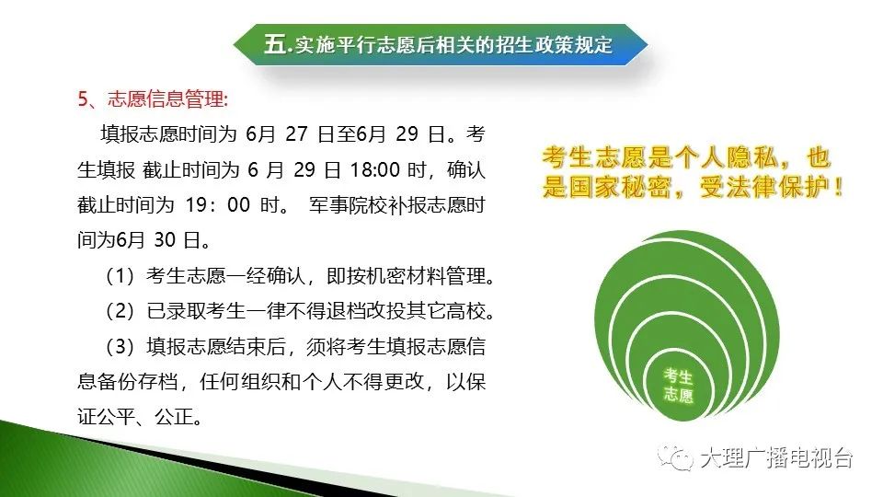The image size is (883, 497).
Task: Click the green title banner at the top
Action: tap(441, 44)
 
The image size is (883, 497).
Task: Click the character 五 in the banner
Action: tap(275, 44)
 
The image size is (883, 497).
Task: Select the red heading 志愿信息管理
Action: tap(166, 99)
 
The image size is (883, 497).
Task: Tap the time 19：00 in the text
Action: tap(218, 205)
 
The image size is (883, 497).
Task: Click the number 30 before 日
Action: tap(165, 240)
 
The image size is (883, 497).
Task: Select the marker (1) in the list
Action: tap(120, 276)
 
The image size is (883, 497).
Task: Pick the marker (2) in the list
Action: tap(120, 311)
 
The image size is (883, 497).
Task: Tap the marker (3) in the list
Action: tap(120, 347)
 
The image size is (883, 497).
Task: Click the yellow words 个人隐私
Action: tap(727, 157)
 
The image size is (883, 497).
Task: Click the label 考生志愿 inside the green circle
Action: tap(678, 386)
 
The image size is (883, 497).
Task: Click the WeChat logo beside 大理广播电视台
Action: tap(675, 457)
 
